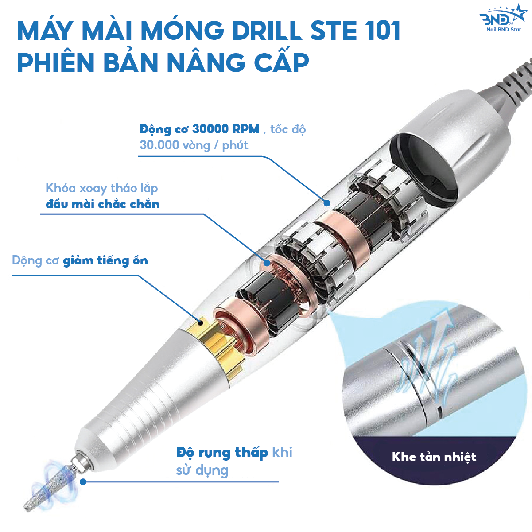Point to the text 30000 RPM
click(x=225, y=129)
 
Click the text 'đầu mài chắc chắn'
click(x=102, y=204)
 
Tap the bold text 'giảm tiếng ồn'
click(x=105, y=261)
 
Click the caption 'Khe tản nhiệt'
click(x=434, y=457)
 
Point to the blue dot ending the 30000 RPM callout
click(x=327, y=203)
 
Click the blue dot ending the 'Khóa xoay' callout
click(x=266, y=263)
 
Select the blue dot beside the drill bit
click(x=83, y=482)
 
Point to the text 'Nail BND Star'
click(x=504, y=29)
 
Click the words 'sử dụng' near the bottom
click(x=202, y=470)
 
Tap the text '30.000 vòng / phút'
click(x=194, y=145)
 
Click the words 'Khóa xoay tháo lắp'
click(x=101, y=188)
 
